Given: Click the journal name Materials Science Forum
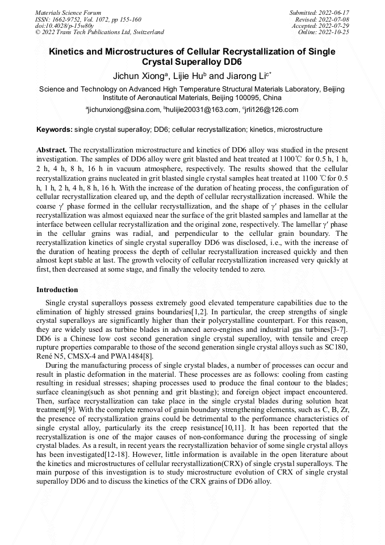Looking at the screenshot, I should [x=68, y=12].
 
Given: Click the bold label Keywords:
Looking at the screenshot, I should [x=55, y=130].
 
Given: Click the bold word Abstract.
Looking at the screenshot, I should [x=52, y=148].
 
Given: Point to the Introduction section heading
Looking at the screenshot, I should [x=57, y=290].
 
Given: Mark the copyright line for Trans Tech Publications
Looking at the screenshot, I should [x=99, y=32].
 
